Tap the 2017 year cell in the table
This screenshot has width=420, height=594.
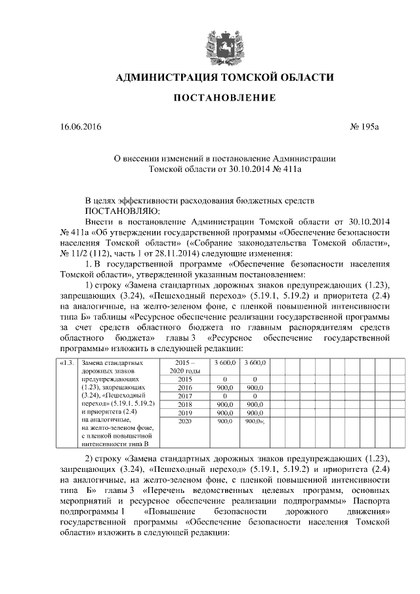(x=184, y=396)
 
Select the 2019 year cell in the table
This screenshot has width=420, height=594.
(x=184, y=413)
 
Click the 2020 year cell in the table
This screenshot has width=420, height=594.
(x=184, y=421)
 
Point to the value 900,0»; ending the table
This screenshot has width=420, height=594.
(x=254, y=421)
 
